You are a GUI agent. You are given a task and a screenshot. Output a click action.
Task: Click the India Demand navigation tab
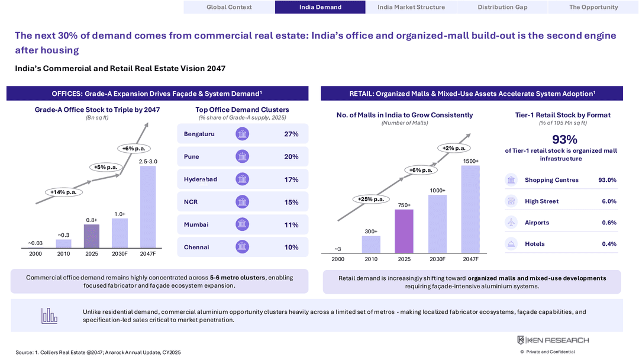320,7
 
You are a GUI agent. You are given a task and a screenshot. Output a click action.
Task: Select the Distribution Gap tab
502,7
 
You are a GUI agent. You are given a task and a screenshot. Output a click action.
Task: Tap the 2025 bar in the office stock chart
92,236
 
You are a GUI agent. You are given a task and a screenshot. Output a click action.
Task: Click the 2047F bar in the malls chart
470,209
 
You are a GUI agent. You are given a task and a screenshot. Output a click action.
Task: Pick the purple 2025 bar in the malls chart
404,231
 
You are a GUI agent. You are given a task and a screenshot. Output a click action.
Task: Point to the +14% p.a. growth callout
63,192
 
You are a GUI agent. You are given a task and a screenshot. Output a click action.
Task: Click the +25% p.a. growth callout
371,199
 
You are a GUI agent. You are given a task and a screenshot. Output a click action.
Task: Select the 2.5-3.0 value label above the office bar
148,162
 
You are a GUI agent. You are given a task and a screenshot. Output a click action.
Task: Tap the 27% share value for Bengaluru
291,134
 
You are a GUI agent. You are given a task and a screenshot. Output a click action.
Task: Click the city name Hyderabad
201,179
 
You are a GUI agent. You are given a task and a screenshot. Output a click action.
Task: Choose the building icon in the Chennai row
242,247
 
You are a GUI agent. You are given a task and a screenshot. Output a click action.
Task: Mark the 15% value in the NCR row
291,202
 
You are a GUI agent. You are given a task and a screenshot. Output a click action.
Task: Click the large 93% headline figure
564,139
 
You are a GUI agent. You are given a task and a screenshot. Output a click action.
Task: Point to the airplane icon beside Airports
511,222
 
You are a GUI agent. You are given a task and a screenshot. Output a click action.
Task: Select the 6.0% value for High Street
609,201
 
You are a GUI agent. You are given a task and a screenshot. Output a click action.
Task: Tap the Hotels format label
535,244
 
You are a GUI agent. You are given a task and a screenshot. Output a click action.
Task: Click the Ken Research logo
553,340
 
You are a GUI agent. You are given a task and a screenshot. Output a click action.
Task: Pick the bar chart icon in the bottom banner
49,316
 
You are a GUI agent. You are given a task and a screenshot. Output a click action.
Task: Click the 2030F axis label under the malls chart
437,259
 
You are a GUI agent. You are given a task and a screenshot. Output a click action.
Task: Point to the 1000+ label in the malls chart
437,191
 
